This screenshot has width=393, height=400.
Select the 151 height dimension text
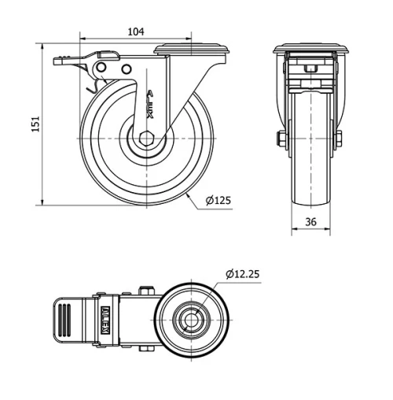click(x=35, y=125)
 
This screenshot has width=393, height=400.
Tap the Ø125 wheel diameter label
click(x=218, y=201)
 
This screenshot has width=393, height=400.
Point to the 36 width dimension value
click(x=310, y=222)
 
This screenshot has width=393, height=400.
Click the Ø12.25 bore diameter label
click(x=241, y=274)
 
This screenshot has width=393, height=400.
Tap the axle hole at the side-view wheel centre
click(x=145, y=139)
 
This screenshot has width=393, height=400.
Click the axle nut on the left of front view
click(x=281, y=139)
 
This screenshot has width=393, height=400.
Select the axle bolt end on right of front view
click(x=338, y=139)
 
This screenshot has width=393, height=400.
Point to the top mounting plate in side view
click(x=193, y=50)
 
